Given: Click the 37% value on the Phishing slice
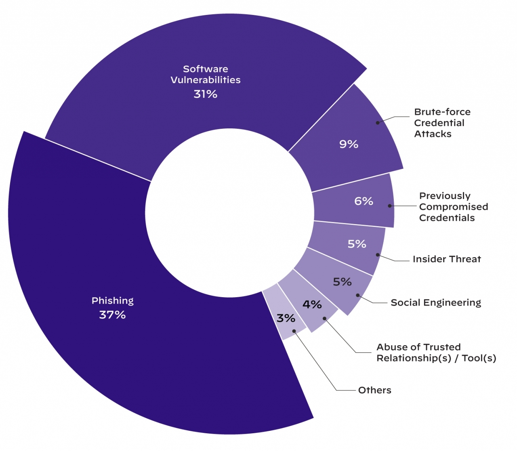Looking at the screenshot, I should (112, 315).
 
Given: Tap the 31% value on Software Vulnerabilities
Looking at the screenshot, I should (205, 94).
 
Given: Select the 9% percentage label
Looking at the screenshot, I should (349, 144).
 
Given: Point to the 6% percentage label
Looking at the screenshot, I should (364, 201).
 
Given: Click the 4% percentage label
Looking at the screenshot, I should (312, 304).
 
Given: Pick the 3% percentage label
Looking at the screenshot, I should (286, 318).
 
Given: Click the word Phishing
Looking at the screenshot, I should (112, 301).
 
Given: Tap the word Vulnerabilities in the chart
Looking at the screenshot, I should (205, 80).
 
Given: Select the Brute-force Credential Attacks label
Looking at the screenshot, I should (442, 123).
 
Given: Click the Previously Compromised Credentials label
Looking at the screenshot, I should (453, 207).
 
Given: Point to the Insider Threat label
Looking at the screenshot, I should (447, 259).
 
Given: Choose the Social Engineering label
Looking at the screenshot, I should (436, 303).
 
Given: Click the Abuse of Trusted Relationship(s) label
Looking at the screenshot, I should (436, 352).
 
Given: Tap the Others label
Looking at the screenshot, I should (374, 390).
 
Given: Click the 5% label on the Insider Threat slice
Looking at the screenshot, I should (357, 244).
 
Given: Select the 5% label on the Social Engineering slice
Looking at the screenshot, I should (342, 282).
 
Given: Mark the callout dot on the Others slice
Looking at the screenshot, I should (294, 331).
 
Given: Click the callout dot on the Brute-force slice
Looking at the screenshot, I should (378, 123).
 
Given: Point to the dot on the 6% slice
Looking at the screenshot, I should (390, 206).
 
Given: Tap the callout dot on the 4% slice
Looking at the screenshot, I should (324, 319).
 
